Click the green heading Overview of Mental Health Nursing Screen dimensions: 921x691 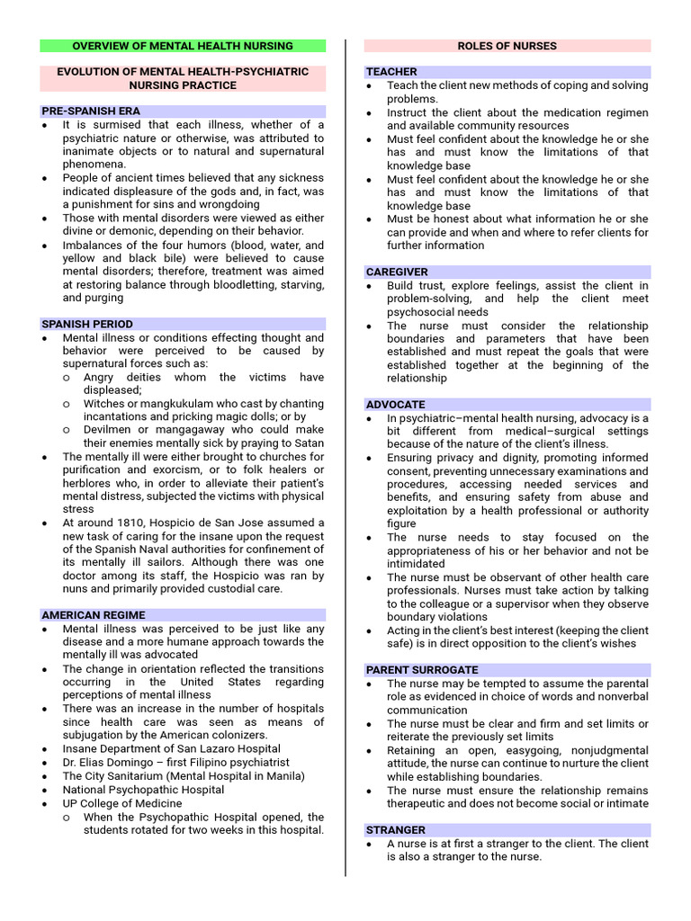[183, 46]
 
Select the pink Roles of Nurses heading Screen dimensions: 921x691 [507, 46]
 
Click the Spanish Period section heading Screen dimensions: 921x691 [87, 324]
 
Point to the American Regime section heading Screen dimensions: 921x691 [94, 615]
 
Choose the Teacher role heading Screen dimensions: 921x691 [391, 72]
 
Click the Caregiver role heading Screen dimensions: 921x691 [397, 272]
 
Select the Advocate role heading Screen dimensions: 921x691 [395, 405]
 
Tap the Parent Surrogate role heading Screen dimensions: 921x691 [421, 670]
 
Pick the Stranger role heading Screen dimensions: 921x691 [396, 830]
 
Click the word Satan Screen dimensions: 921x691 [307, 443]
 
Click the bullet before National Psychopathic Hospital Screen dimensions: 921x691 [46, 790]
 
